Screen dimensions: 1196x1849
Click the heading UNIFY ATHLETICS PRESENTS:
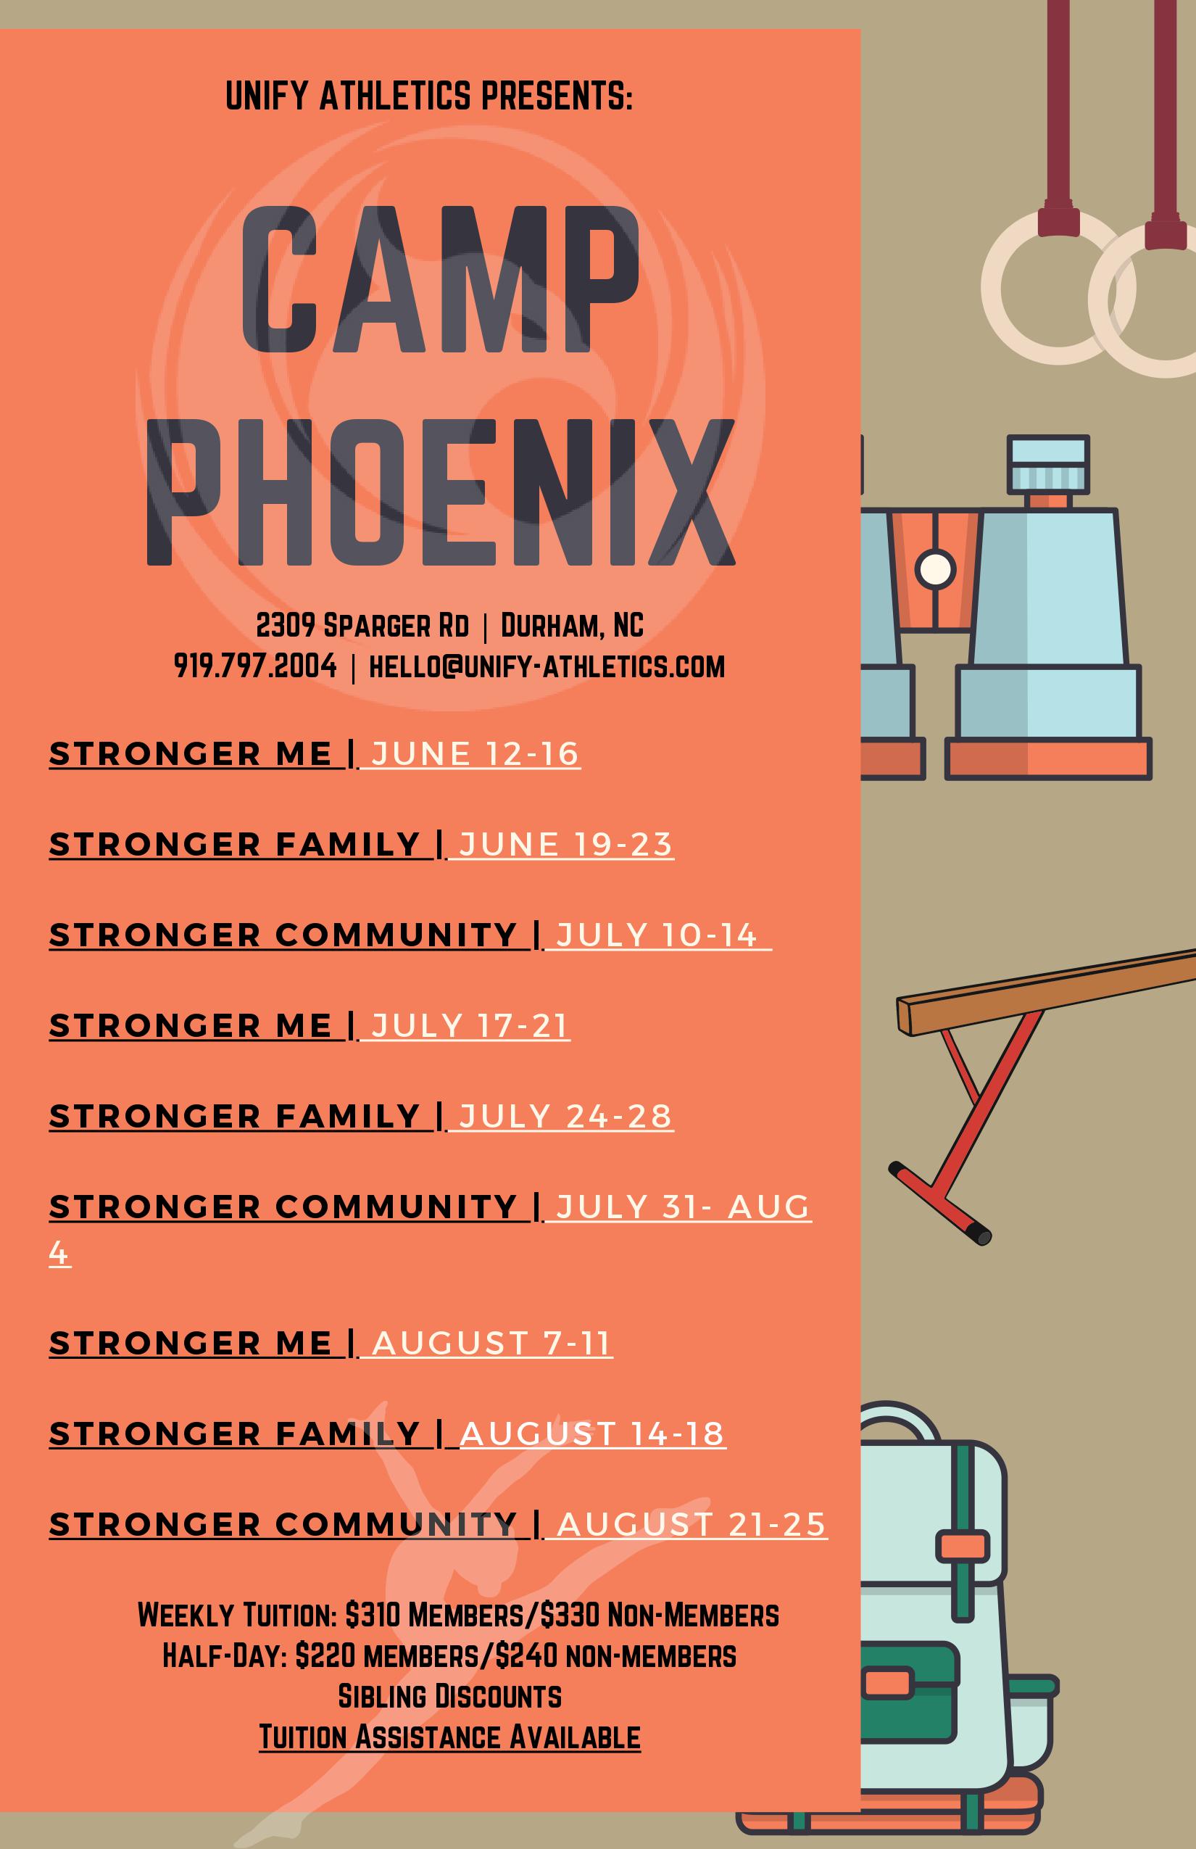coord(429,96)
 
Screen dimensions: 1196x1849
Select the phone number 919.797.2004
coord(255,666)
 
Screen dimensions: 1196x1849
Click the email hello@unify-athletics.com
coord(547,666)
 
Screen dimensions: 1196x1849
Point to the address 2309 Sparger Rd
coord(362,625)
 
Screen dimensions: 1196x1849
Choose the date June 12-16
coord(476,754)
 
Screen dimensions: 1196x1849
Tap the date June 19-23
coord(565,845)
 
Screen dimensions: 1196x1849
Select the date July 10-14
coord(657,935)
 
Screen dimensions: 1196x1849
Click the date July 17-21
coord(470,1025)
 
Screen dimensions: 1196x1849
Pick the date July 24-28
coord(565,1117)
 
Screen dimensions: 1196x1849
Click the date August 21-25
coord(692,1525)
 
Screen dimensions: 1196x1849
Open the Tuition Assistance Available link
coord(449,1737)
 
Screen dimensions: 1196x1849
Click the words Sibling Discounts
coord(449,1696)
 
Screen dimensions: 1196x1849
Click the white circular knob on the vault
coord(935,568)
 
